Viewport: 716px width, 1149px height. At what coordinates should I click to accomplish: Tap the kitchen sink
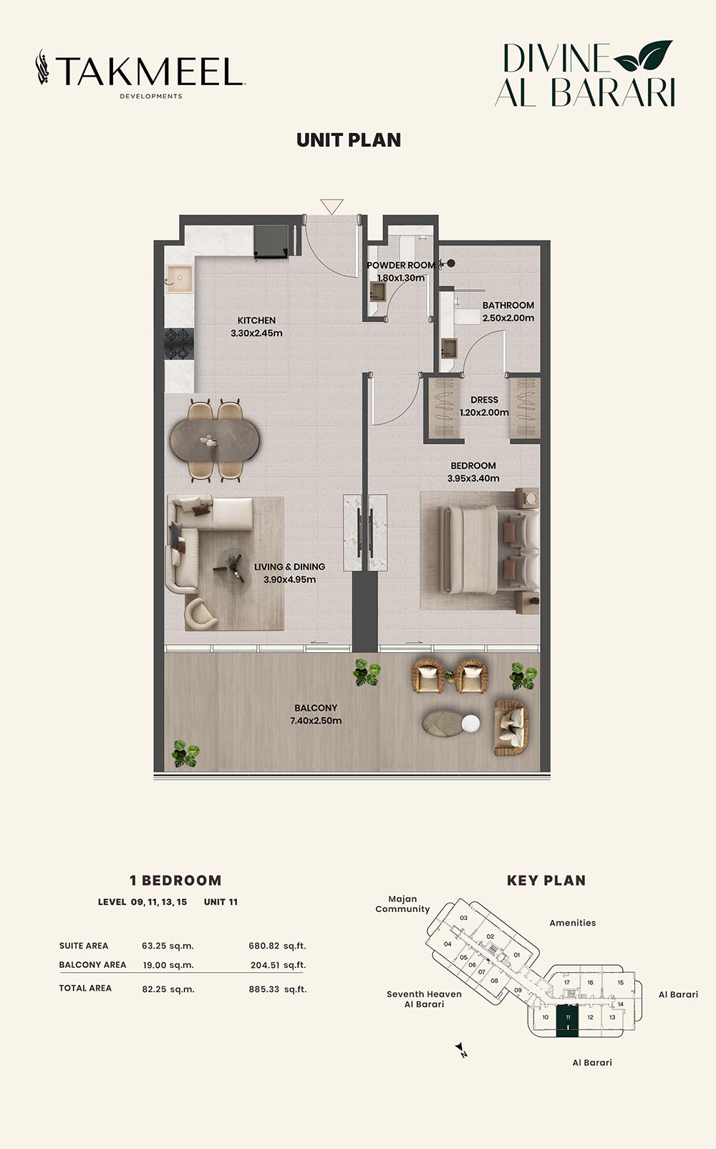(x=179, y=279)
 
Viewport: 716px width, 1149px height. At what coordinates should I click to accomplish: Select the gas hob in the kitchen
(x=179, y=344)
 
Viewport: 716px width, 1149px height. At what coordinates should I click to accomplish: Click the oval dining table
(x=215, y=441)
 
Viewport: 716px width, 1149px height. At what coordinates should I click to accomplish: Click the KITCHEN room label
(x=256, y=320)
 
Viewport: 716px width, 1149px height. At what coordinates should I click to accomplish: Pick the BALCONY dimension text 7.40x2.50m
(x=316, y=720)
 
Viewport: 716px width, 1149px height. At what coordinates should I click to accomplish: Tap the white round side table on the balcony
(x=470, y=724)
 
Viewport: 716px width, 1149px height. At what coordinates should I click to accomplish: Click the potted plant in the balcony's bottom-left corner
(x=185, y=753)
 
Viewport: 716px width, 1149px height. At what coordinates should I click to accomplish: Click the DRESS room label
(x=484, y=399)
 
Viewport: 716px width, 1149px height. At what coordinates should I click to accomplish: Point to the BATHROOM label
(x=508, y=305)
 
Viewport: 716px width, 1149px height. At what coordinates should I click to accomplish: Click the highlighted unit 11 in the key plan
(x=567, y=1017)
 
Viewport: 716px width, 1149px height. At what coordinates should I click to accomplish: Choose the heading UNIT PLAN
(x=349, y=140)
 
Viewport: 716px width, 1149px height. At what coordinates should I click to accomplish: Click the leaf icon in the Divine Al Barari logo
(x=644, y=55)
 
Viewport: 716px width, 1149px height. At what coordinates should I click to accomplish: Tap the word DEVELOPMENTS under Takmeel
(x=151, y=96)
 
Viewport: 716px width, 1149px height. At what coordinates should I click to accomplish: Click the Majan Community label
(x=402, y=904)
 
